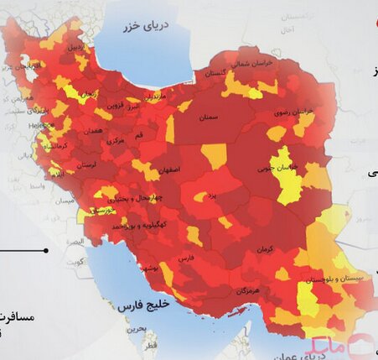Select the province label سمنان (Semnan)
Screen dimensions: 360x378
click(x=212, y=118)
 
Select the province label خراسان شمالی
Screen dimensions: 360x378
click(x=252, y=61)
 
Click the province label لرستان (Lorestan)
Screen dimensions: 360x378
click(x=87, y=166)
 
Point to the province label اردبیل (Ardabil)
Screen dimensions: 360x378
click(x=76, y=47)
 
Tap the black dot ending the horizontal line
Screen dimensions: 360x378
click(x=46, y=250)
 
